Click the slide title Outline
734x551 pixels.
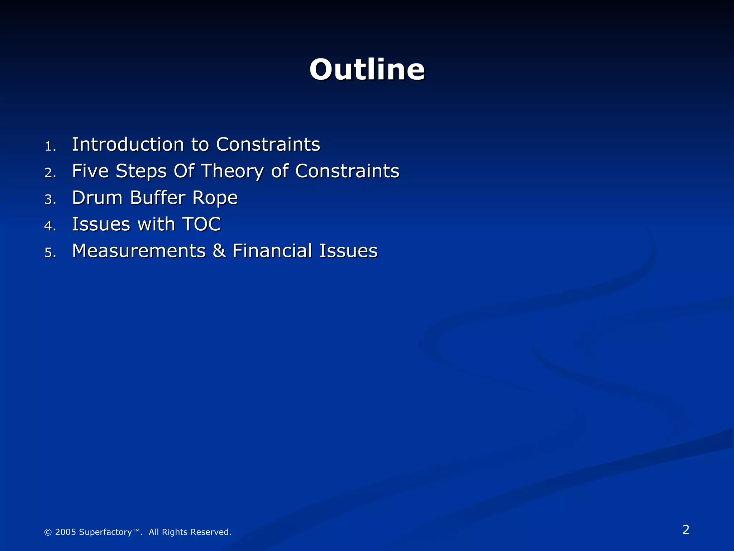point(367,70)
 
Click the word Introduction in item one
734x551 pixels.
point(128,145)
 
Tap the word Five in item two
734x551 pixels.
point(90,171)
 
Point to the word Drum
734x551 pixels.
point(97,198)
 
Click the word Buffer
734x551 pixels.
point(158,198)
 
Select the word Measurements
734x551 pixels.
point(139,251)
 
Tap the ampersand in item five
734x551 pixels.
point(219,251)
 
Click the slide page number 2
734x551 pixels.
point(686,529)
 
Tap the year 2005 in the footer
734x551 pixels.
point(65,532)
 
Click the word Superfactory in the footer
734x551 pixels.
point(105,532)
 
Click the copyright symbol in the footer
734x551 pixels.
point(48,532)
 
